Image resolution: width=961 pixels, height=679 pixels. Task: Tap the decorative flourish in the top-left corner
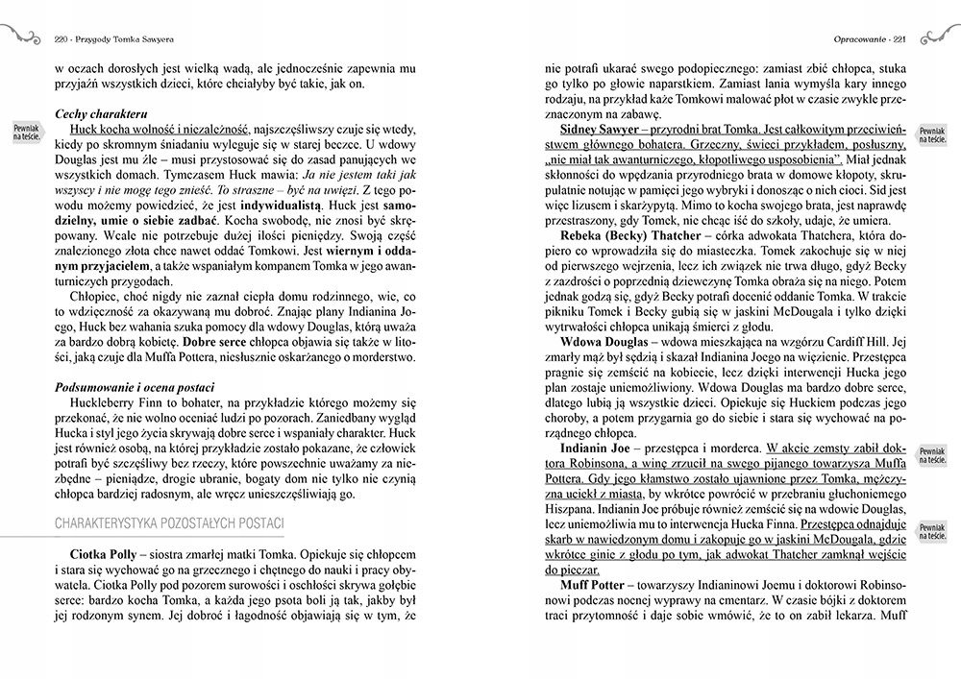click(x=21, y=36)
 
